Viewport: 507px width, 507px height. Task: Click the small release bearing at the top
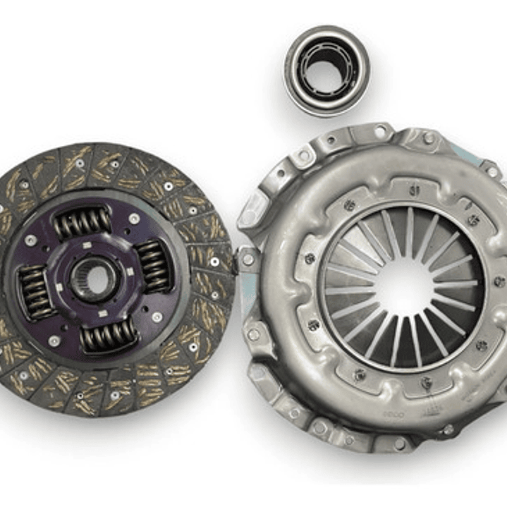[326, 71]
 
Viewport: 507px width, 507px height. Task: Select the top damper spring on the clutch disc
[83, 223]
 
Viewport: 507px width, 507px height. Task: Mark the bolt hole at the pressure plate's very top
[381, 131]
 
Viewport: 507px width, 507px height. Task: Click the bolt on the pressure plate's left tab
[248, 258]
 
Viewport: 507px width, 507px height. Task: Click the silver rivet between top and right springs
[134, 219]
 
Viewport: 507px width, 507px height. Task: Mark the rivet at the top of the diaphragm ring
[415, 190]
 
